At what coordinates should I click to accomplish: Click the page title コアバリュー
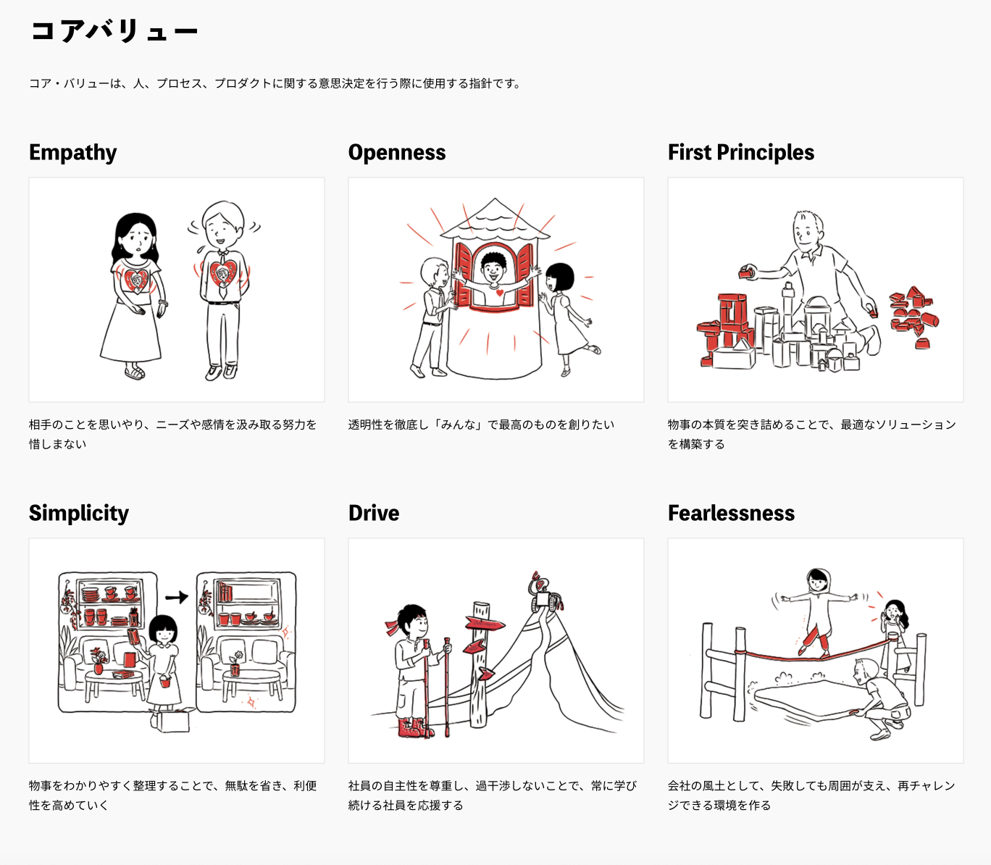pos(114,31)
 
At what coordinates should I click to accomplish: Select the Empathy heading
pos(72,152)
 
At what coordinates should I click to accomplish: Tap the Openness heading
pos(397,152)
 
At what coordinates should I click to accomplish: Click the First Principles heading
pos(740,152)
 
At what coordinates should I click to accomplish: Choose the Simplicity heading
pos(79,513)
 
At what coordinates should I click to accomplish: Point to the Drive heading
pos(374,513)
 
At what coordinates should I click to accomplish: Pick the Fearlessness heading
pos(731,513)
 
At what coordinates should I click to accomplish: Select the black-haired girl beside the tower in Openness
pos(565,312)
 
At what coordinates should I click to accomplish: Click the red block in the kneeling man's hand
pos(745,272)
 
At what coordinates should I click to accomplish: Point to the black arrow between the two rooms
pos(176,597)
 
